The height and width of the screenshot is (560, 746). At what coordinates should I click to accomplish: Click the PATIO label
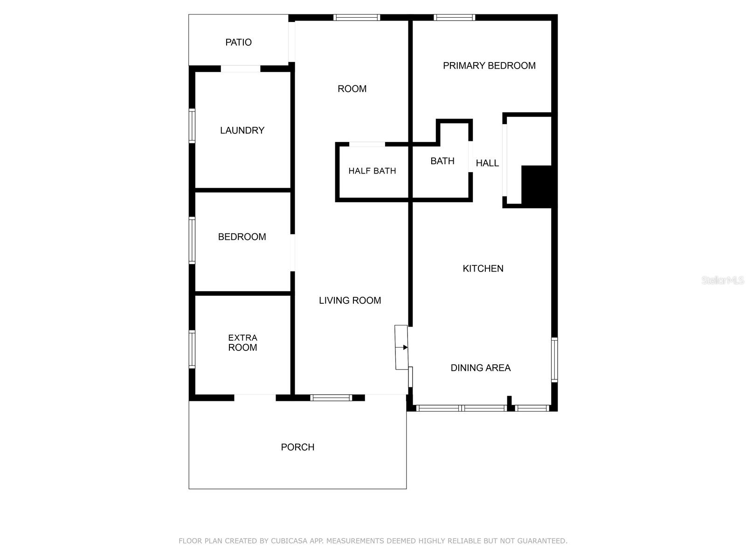point(238,42)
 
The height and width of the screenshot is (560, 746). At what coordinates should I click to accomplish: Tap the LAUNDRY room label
point(242,131)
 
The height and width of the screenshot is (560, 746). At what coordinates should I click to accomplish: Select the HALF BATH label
point(372,171)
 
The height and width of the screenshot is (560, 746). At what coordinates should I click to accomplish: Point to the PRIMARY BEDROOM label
point(489,66)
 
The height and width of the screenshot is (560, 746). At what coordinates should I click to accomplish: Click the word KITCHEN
point(483,268)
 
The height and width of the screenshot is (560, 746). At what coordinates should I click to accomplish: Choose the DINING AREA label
point(480,368)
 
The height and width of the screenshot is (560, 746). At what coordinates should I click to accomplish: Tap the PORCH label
point(297,447)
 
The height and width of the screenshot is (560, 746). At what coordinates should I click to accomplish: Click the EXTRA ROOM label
point(242,343)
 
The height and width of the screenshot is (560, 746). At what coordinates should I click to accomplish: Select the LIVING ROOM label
point(350,301)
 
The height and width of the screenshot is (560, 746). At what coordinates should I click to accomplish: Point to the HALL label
point(487,163)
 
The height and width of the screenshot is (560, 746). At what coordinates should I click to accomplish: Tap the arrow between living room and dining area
point(405,347)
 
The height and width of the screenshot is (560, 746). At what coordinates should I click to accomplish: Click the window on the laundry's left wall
point(192,125)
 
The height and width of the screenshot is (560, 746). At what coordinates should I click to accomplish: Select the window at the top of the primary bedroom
point(454,18)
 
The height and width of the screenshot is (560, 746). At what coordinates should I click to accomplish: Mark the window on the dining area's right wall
point(554,360)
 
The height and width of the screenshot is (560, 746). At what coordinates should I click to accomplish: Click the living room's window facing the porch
point(331,398)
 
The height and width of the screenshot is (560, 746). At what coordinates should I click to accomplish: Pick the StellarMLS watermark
point(722,280)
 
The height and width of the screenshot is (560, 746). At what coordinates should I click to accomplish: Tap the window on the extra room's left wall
point(192,349)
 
